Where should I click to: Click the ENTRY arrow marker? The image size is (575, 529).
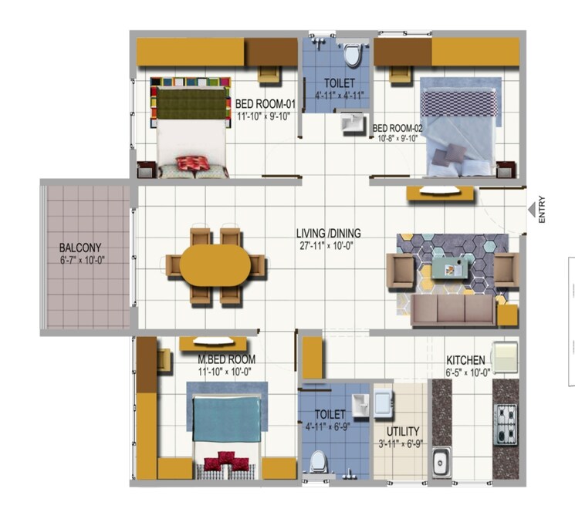coord(531,210)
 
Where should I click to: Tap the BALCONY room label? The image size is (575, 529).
coord(80,248)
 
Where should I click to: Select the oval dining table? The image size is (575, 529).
coord(215,264)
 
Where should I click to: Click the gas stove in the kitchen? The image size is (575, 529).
coord(506,424)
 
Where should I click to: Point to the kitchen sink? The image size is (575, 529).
coord(439,462)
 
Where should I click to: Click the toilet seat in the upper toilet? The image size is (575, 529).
coord(353,55)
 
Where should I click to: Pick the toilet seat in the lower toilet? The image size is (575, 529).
coord(317,463)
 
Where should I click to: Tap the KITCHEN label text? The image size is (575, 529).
coord(465,360)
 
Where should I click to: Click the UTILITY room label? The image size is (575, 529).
coord(403,431)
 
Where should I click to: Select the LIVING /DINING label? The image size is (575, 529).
coord(329,233)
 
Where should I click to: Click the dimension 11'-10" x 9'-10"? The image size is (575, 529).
coord(263,116)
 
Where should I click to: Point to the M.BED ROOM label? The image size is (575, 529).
coord(227,359)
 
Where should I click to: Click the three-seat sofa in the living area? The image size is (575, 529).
coord(452,310)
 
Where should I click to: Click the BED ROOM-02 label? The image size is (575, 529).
coord(397,128)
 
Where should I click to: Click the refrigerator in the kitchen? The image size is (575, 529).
coord(505,356)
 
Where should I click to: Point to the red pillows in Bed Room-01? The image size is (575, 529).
coord(192,163)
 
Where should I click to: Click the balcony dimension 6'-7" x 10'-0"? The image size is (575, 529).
coord(83,261)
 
